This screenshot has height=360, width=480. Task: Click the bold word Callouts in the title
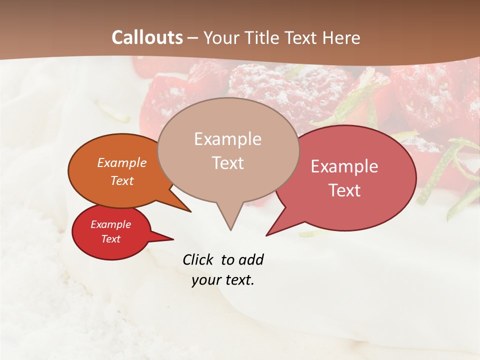(147, 37)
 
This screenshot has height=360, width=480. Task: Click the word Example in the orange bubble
(122, 162)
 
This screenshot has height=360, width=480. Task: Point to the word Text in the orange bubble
(122, 180)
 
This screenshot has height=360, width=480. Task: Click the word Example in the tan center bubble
(227, 139)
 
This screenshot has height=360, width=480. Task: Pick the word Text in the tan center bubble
(227, 163)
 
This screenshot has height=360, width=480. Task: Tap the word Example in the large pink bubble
(344, 166)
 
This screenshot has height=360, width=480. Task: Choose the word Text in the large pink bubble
(344, 190)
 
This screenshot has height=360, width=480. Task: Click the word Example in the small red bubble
(111, 224)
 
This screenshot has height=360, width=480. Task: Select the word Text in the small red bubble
(111, 239)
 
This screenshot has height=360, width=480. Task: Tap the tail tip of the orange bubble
(190, 211)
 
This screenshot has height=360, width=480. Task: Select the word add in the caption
(250, 259)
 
